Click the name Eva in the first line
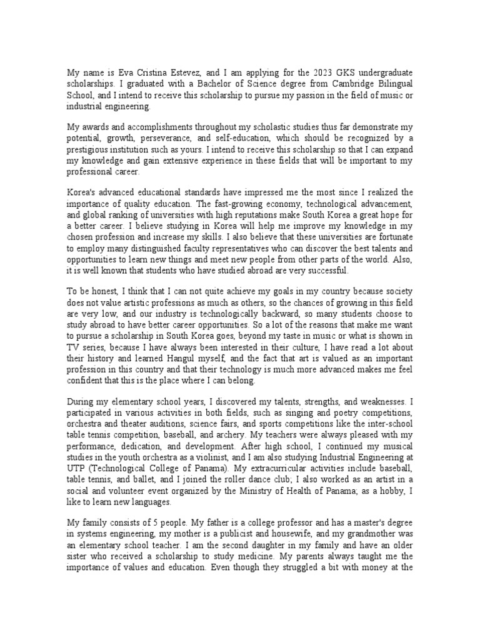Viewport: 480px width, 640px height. tap(126, 72)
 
